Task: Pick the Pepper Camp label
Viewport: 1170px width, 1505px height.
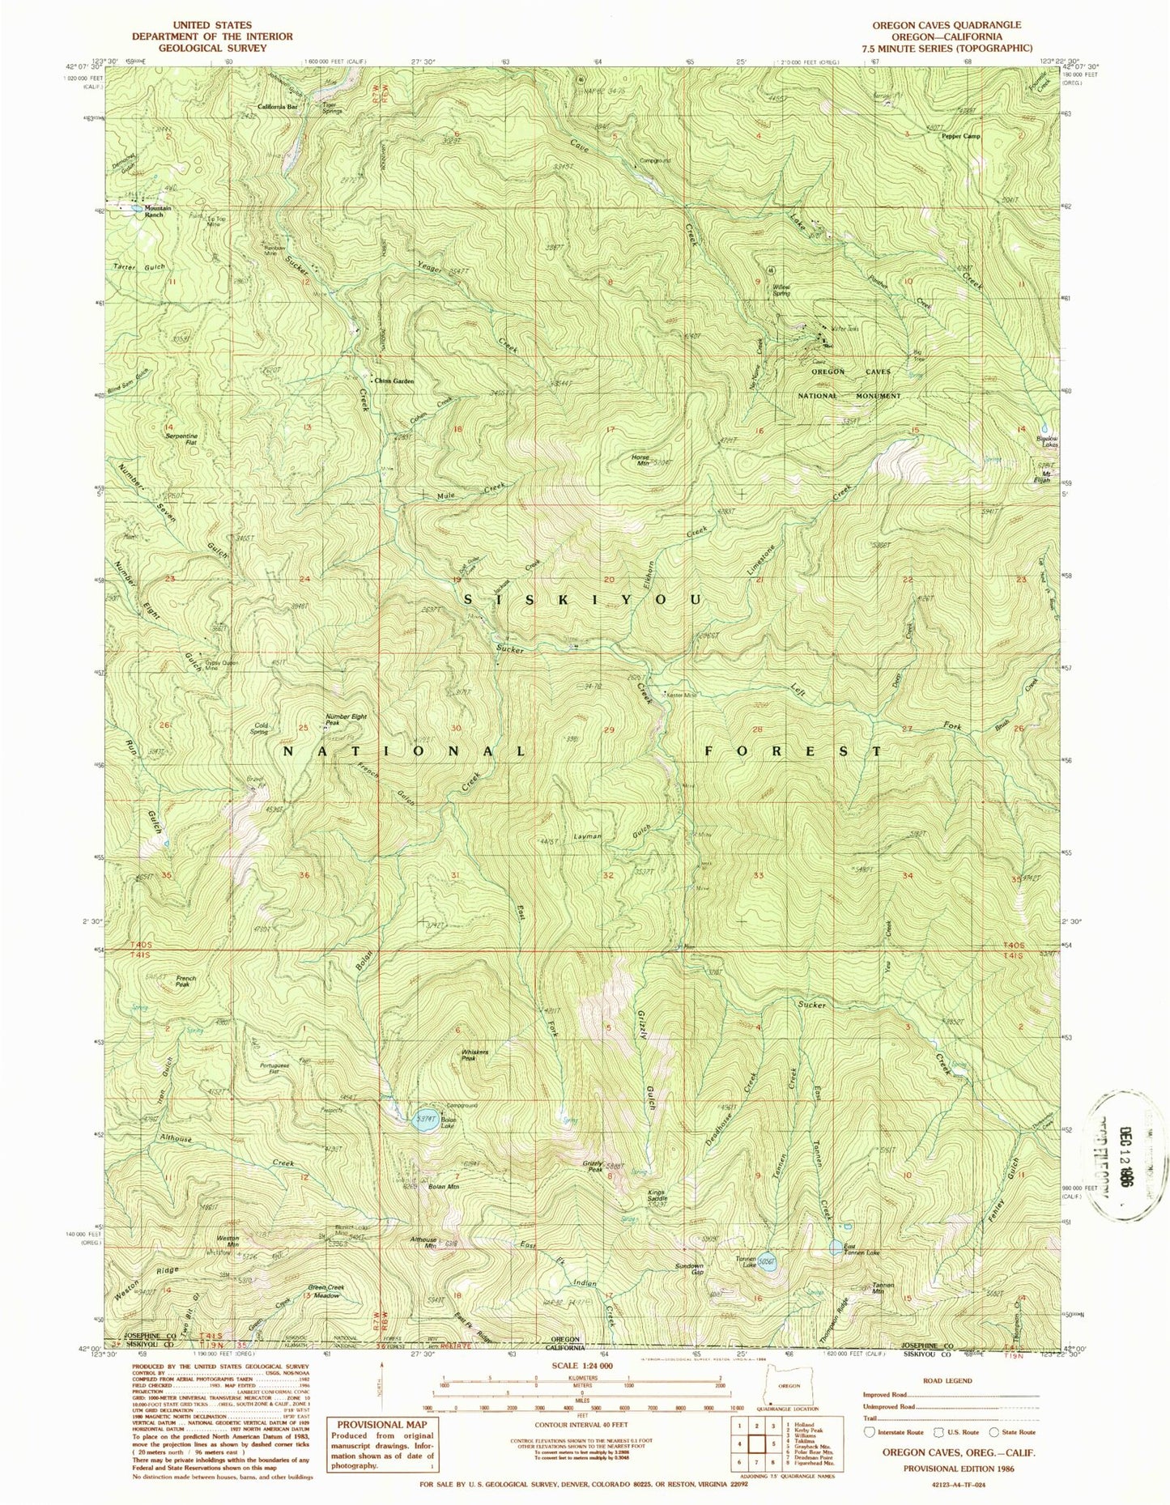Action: pos(960,136)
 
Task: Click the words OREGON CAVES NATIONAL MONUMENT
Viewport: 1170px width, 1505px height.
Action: pos(850,384)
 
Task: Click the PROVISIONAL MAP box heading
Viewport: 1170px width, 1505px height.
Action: pos(381,1424)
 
